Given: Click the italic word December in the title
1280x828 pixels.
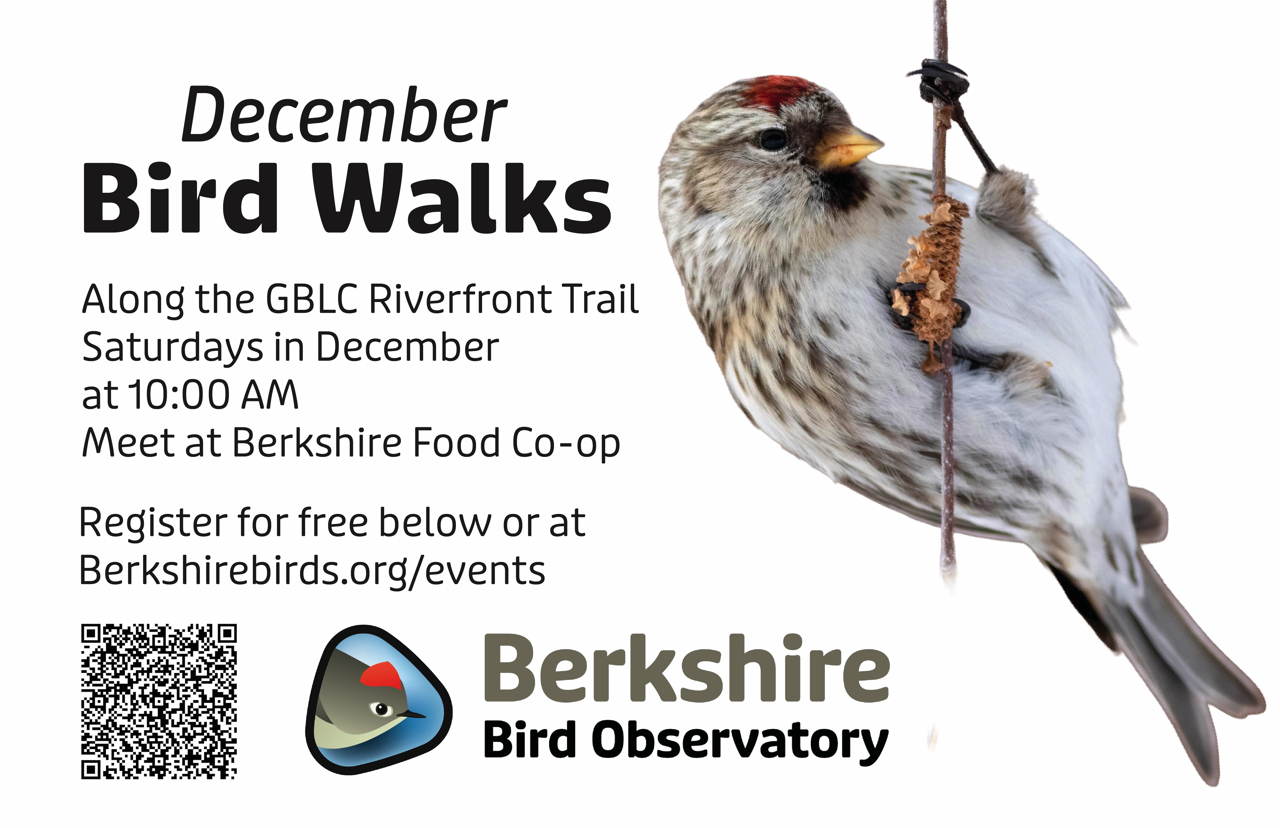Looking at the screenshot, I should (344, 116).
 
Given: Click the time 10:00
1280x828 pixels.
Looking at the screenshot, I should (180, 395).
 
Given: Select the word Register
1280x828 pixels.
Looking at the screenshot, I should (153, 523).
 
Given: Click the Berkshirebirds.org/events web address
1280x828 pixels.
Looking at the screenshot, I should (312, 571).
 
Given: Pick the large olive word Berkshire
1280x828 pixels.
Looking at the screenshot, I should (686, 669).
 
